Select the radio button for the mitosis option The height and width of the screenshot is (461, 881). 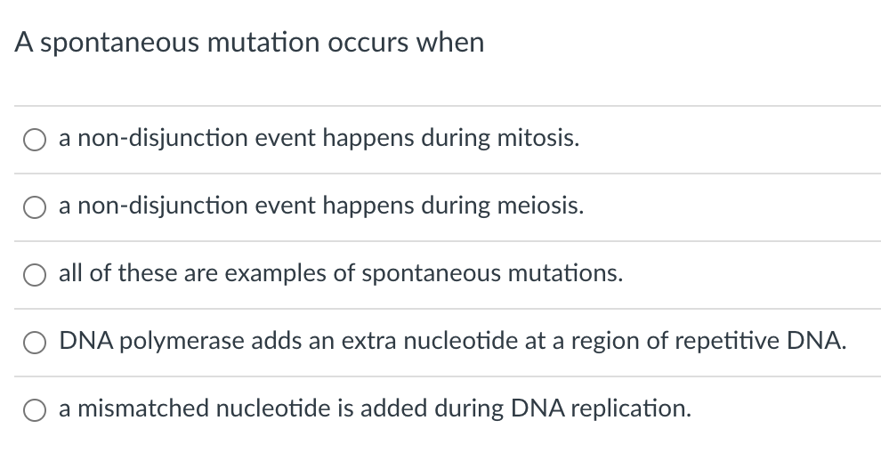pyautogui.click(x=36, y=140)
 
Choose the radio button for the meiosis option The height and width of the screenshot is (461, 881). pyautogui.click(x=36, y=207)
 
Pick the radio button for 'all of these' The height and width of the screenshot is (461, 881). pyautogui.click(x=36, y=275)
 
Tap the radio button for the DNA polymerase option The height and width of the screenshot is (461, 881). pyautogui.click(x=36, y=343)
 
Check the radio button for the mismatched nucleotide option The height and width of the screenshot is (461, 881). pyautogui.click(x=36, y=409)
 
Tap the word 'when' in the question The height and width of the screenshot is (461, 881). pyautogui.click(x=454, y=42)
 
